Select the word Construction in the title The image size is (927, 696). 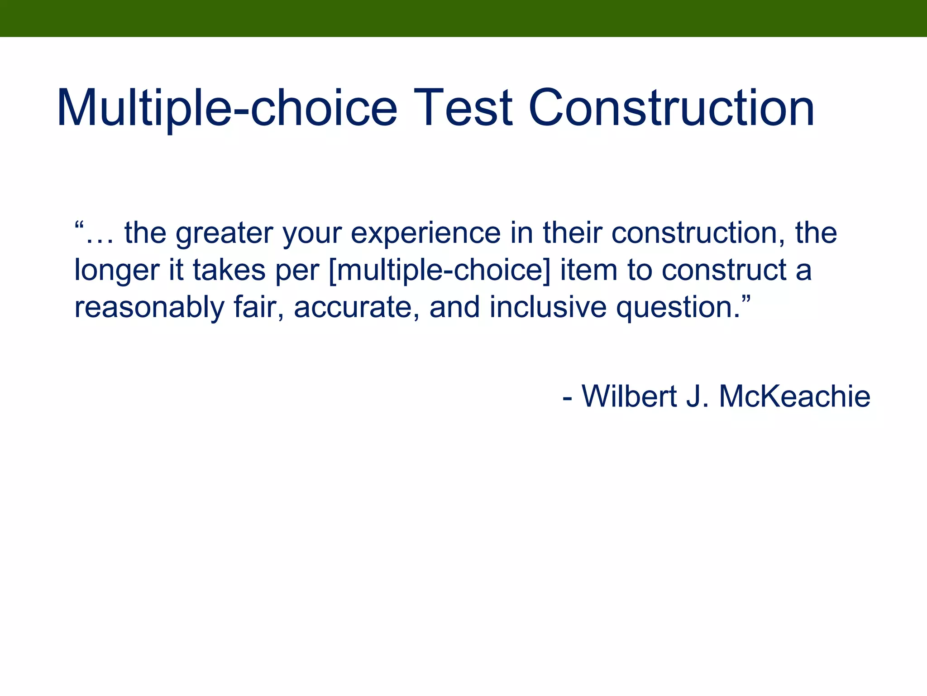tap(671, 108)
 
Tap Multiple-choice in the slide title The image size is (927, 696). tap(226, 108)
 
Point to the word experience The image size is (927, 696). tap(425, 234)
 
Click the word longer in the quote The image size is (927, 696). tap(117, 271)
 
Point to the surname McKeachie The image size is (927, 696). tap(794, 396)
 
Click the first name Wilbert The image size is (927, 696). tap(629, 396)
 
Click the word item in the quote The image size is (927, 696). tap(588, 271)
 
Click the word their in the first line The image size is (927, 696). tap(572, 234)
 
